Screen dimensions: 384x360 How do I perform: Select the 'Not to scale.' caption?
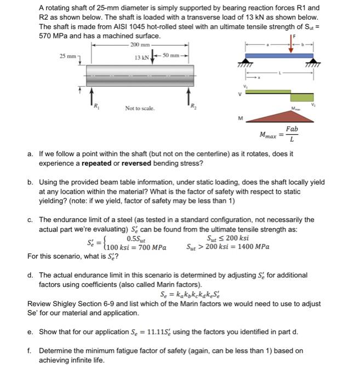click(140, 108)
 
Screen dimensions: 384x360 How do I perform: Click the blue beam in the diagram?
click(279, 55)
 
